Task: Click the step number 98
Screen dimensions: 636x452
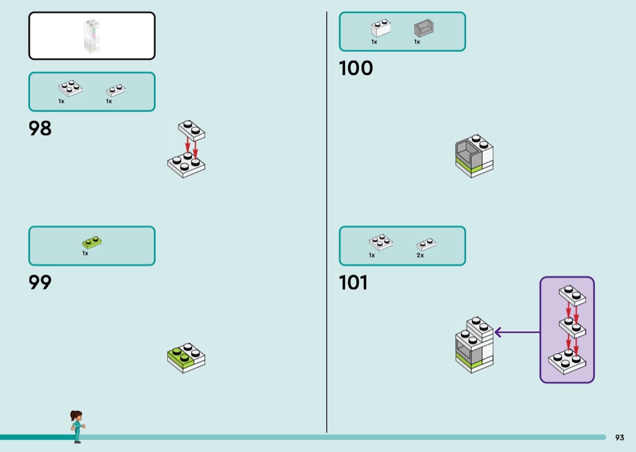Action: (x=40, y=128)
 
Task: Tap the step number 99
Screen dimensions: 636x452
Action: (x=40, y=282)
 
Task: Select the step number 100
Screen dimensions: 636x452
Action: (x=356, y=68)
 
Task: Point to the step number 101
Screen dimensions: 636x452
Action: (x=353, y=282)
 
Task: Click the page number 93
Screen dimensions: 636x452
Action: (x=620, y=437)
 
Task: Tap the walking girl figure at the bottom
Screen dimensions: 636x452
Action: (x=77, y=427)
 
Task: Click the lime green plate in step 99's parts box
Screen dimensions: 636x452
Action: (x=92, y=242)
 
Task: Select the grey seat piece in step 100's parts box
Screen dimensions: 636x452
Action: (x=424, y=28)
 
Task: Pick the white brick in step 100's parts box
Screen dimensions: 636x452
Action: (x=381, y=28)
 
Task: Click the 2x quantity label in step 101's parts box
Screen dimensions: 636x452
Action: (x=420, y=255)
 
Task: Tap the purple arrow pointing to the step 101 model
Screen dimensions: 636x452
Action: (x=517, y=332)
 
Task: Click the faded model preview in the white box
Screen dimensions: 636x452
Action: (x=92, y=36)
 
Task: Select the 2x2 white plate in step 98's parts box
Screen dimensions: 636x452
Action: (x=70, y=88)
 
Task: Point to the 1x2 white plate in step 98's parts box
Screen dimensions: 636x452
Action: (x=116, y=90)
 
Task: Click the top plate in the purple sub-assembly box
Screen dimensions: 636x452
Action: (x=572, y=295)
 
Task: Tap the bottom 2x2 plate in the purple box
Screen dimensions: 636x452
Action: (x=566, y=361)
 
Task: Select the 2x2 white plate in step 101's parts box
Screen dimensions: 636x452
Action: (x=381, y=242)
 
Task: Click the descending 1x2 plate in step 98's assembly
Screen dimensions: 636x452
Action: (x=191, y=130)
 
